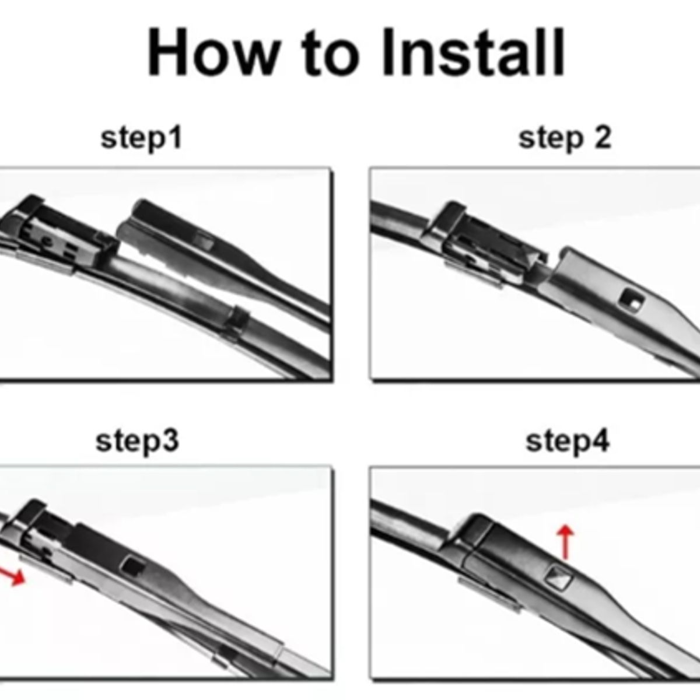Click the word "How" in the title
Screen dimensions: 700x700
point(214,52)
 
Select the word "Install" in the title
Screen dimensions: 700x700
point(473,52)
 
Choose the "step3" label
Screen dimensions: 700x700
point(137,441)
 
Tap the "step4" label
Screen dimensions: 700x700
point(568,442)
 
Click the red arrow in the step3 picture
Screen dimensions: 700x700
point(12,576)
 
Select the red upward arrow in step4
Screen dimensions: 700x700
point(565,542)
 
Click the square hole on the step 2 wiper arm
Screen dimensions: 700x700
point(631,300)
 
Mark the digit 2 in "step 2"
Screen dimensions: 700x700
point(602,138)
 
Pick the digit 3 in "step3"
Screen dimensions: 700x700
point(170,440)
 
